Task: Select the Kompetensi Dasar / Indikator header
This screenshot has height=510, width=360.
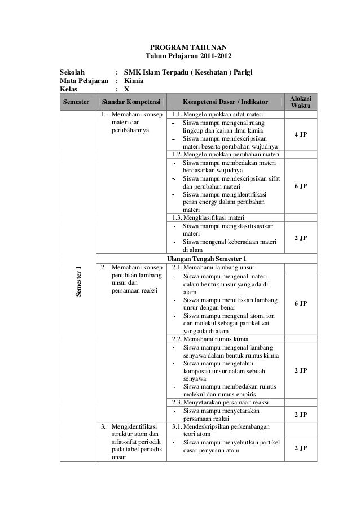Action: [x=225, y=102]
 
